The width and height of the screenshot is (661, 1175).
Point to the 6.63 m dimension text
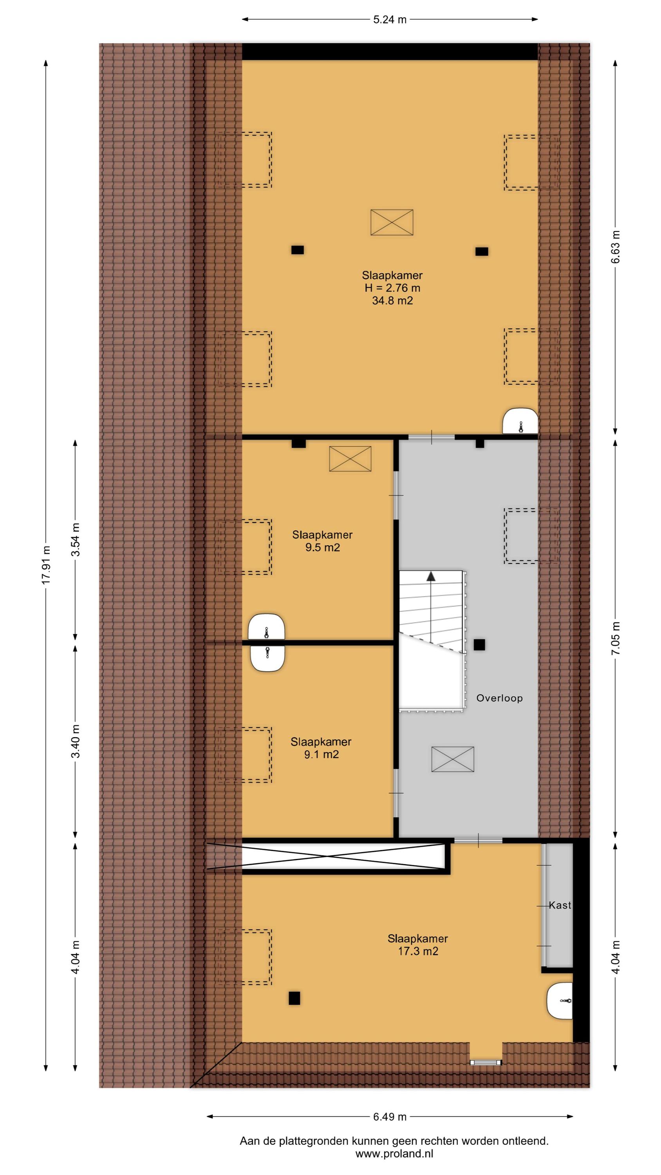point(616,247)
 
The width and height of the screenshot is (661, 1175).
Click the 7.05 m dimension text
point(616,638)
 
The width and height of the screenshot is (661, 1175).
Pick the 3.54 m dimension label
point(76,540)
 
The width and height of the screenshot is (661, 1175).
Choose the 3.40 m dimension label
point(76,741)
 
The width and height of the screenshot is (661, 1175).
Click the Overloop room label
point(499,698)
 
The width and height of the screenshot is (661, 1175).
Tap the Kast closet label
point(559,906)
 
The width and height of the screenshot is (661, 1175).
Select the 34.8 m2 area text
point(392,300)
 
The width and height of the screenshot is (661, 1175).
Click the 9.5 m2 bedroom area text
point(323,548)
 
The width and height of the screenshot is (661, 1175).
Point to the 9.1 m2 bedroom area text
point(321,755)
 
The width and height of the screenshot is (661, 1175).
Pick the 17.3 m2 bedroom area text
point(418,951)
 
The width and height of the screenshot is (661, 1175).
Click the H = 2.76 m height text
point(392,288)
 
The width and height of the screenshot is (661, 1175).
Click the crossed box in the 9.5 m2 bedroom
point(350,458)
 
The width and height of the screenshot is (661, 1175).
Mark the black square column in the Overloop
point(479,645)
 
